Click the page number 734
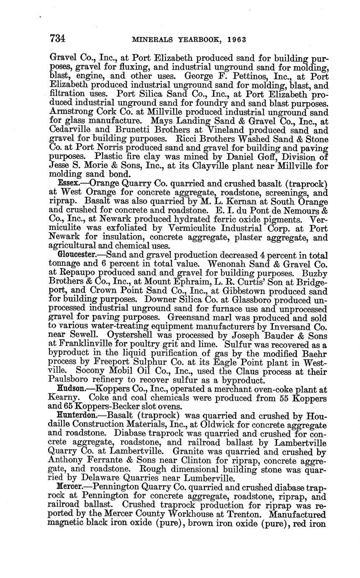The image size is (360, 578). tap(57, 39)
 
